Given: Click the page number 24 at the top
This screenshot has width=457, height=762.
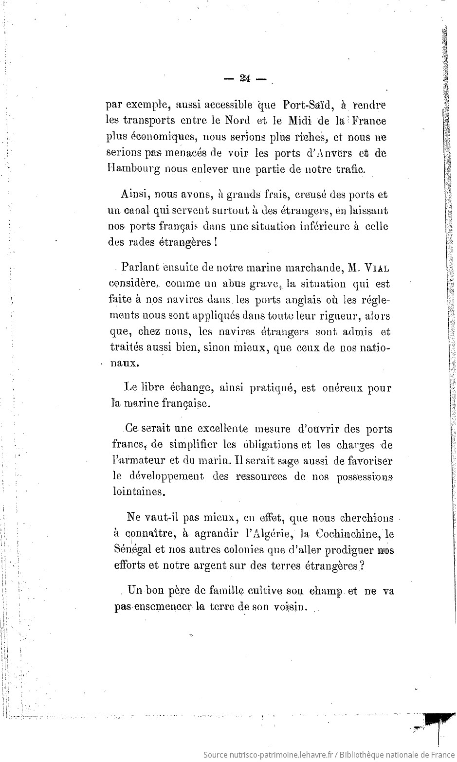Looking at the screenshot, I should (x=244, y=79).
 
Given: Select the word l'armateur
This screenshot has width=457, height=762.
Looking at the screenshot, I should (x=135, y=460).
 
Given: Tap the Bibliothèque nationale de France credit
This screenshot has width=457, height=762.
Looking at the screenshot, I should (x=395, y=754).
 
